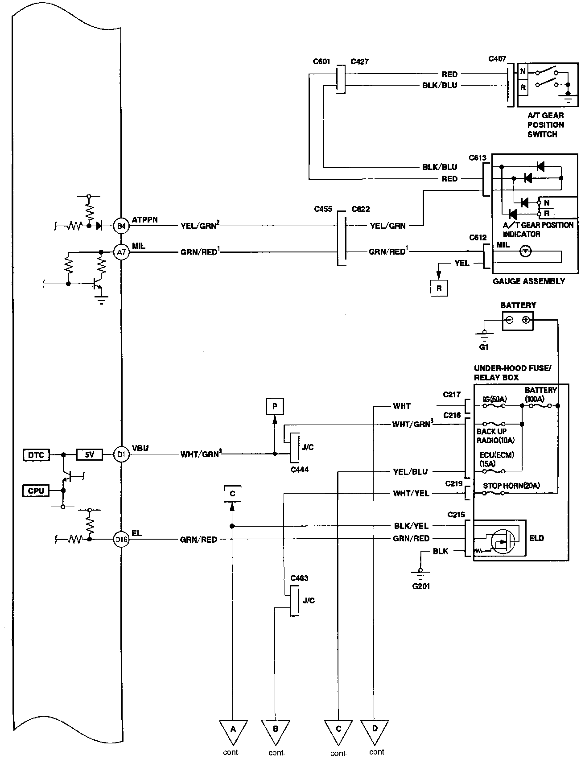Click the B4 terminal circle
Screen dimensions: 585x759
coord(121,226)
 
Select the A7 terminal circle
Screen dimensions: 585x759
coord(121,252)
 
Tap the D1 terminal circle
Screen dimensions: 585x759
coord(121,454)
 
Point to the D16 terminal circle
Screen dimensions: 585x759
coord(121,540)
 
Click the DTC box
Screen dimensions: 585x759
coord(36,455)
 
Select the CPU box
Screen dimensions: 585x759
coord(36,491)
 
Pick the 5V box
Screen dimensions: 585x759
coord(90,455)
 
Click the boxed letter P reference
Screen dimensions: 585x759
coord(275,406)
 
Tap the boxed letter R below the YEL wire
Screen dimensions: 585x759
coord(439,288)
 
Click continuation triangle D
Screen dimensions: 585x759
coord(375,729)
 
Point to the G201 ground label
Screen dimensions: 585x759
coord(421,586)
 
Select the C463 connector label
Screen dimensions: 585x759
coord(299,578)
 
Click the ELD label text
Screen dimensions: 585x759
coord(536,538)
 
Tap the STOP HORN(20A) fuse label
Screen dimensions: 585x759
coord(511,486)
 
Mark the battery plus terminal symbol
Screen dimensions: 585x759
coord(526,319)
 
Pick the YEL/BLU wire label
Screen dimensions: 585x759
coord(410,471)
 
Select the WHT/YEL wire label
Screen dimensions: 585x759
coord(411,493)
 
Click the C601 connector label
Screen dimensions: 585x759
coord(321,62)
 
